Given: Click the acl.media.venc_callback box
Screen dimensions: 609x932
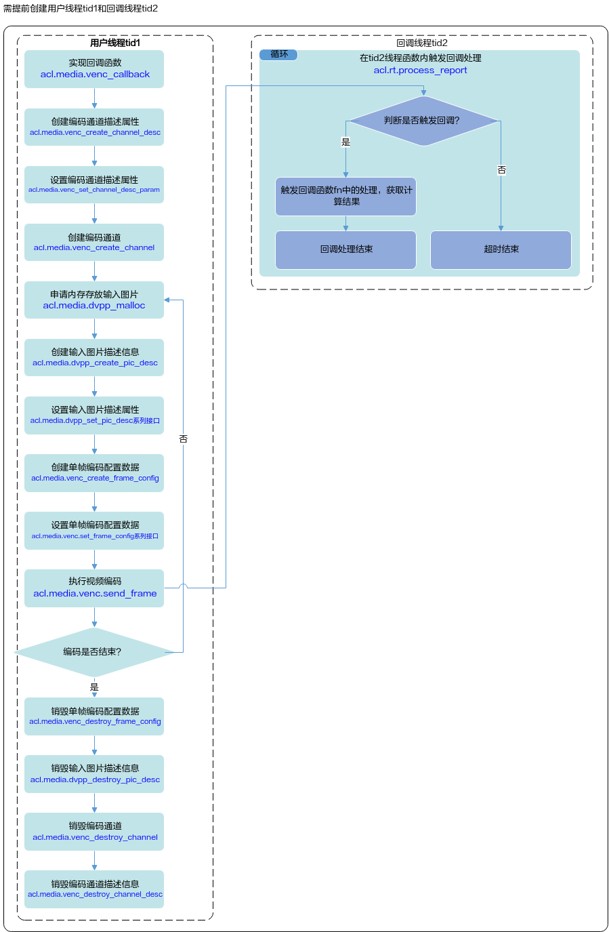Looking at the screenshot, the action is (x=94, y=69).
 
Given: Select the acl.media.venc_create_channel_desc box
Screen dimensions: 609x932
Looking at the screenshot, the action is (x=94, y=127).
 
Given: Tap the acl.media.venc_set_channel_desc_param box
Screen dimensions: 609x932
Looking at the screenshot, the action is (x=94, y=184).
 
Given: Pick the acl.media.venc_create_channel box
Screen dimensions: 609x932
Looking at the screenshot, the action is (x=94, y=242).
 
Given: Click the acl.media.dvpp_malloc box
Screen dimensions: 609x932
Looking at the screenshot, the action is (x=94, y=300).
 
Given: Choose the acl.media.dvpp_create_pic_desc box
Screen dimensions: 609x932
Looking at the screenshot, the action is (x=94, y=357).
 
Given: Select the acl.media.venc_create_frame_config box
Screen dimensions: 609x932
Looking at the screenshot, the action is (x=94, y=472).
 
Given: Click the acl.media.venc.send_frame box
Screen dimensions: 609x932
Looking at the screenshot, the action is (x=94, y=588).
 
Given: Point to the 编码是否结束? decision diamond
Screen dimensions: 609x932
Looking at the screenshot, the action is (x=94, y=652).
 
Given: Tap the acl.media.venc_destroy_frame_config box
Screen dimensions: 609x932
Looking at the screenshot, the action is (x=94, y=716).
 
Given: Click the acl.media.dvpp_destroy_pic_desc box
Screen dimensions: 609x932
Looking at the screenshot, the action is (x=94, y=774).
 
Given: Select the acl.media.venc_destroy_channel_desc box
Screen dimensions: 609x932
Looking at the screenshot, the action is (x=94, y=889).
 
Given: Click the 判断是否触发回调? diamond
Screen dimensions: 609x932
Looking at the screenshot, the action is (x=423, y=121).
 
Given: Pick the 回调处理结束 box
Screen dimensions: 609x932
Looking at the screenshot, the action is (x=345, y=250).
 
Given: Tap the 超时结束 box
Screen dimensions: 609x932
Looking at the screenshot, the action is (x=501, y=250).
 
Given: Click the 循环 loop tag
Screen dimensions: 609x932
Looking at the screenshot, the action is (x=278, y=54).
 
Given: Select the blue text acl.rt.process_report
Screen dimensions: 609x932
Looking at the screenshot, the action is (x=420, y=70).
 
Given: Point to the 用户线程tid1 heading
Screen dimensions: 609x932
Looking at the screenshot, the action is (x=115, y=43).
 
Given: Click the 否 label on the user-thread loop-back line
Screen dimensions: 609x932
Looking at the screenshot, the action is (x=183, y=439).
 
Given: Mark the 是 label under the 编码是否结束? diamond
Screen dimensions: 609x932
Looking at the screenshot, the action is (x=94, y=687).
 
